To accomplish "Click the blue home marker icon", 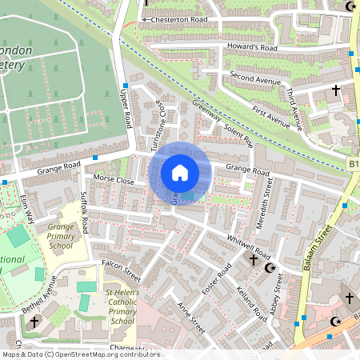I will pos(180,173).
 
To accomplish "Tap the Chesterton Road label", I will pos(177,19).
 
